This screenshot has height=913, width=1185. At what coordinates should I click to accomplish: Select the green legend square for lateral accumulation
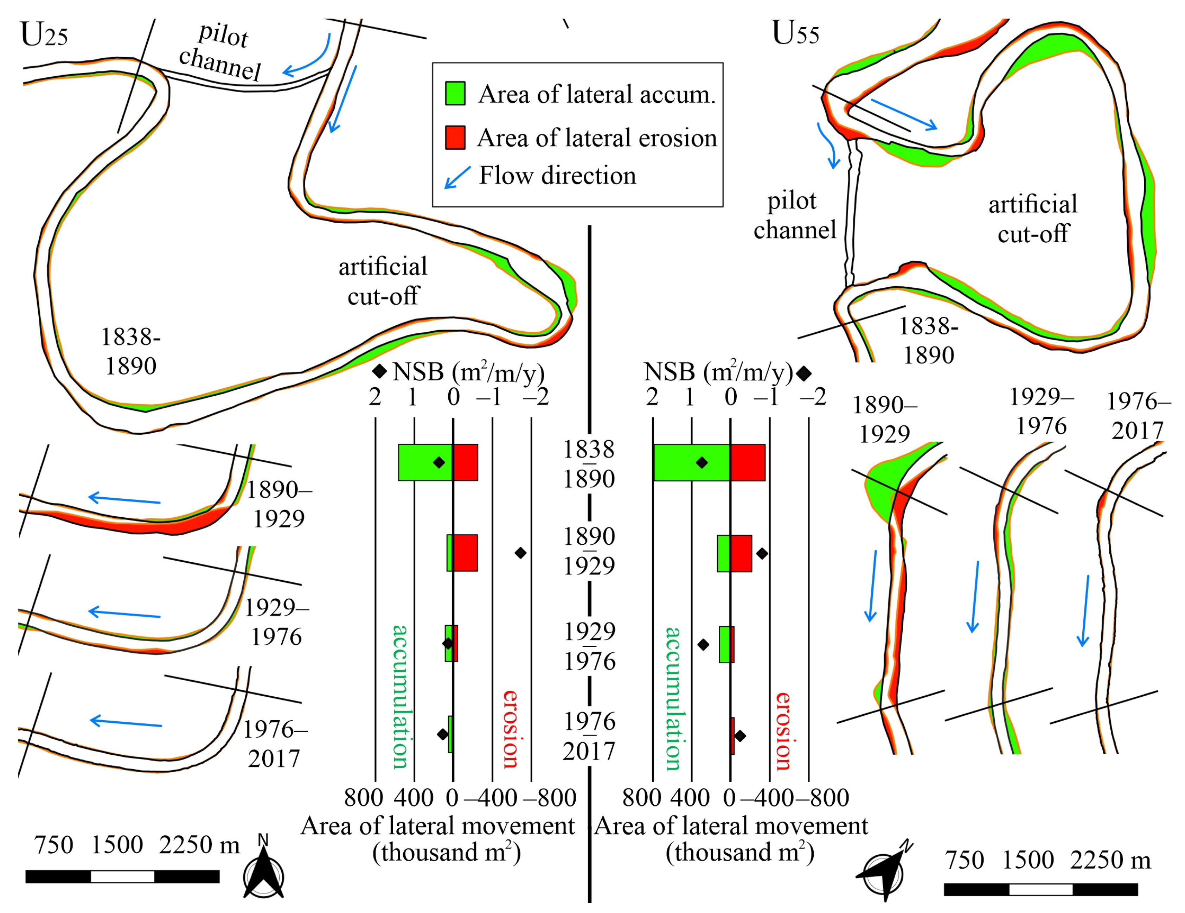455,93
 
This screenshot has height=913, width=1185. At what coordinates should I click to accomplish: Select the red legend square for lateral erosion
455,137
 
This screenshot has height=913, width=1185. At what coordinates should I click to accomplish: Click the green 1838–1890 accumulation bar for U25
425,462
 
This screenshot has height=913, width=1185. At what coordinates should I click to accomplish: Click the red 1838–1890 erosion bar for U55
748,462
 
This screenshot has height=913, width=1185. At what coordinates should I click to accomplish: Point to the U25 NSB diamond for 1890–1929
520,553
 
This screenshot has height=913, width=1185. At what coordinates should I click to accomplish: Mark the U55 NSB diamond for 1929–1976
703,645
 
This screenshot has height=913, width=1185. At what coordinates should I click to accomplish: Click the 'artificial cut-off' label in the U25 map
383,281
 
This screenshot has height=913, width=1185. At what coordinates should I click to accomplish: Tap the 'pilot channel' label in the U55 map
794,216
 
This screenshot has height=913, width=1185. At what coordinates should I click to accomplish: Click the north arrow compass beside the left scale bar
264,875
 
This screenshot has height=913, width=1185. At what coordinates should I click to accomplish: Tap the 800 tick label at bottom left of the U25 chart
364,798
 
